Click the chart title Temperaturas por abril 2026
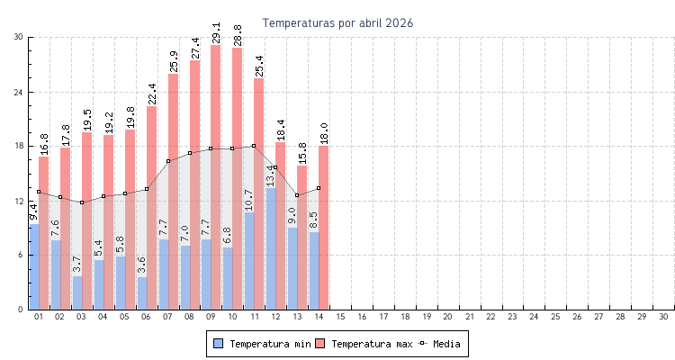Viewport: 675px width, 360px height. (337, 22)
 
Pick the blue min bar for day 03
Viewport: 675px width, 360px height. (77, 292)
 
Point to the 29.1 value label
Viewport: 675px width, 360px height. (216, 32)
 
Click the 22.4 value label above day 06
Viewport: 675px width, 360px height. (151, 94)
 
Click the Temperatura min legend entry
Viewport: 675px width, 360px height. (258, 344)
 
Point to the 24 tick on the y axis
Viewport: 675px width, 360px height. (19, 92)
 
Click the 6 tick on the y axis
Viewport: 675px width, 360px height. (21, 256)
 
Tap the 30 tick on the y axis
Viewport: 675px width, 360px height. (19, 37)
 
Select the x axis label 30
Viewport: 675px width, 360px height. (663, 318)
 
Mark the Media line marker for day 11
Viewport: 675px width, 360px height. (254, 146)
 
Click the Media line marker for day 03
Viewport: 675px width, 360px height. (82, 202)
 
